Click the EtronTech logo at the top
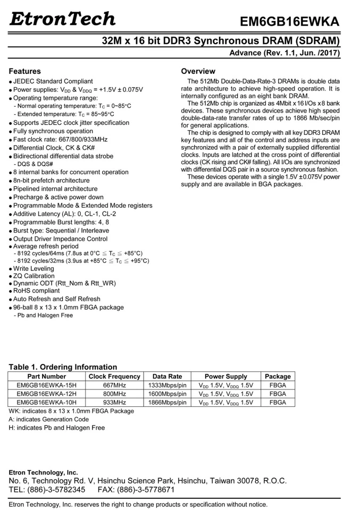[x=62, y=19]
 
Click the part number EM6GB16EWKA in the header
[x=289, y=22]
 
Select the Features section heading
[x=24, y=71]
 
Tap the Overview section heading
[x=198, y=71]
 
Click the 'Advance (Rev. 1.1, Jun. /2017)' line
[x=284, y=53]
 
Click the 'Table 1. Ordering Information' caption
[x=63, y=367]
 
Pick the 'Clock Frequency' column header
[x=114, y=377]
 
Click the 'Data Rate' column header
[x=167, y=377]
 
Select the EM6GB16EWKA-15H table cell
[x=47, y=385]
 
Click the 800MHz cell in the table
[x=114, y=394]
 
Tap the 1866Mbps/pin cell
[x=167, y=403]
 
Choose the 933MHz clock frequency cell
[x=114, y=403]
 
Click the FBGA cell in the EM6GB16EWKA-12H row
[x=278, y=394]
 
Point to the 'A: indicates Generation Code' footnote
[x=48, y=419]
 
